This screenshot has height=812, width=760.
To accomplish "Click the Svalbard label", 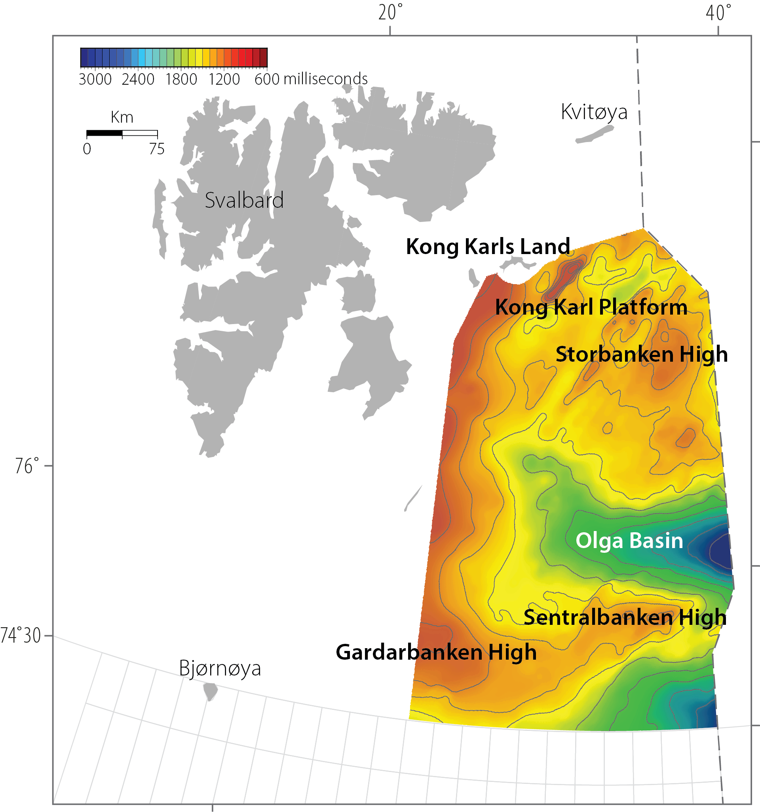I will [x=244, y=200].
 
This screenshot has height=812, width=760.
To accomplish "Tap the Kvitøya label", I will [x=594, y=112].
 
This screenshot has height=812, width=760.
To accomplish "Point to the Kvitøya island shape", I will [x=595, y=134].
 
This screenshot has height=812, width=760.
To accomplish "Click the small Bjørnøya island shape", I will [x=211, y=691].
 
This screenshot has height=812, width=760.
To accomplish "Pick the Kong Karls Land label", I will [x=488, y=247].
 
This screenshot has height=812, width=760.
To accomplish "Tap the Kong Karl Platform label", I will [x=591, y=307].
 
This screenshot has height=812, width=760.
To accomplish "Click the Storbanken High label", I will [x=642, y=354].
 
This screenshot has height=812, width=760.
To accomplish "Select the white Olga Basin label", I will [x=629, y=541].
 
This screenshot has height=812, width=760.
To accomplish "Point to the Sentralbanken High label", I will [x=625, y=617].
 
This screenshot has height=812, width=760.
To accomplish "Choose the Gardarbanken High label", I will [x=436, y=652].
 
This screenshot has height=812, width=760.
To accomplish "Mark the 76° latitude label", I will [x=27, y=466].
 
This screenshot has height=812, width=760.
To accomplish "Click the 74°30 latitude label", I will [x=21, y=636].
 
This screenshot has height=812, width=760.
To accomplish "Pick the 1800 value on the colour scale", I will [x=181, y=79].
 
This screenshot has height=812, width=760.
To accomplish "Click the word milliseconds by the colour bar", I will [x=326, y=79].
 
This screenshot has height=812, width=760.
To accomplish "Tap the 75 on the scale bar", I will [x=156, y=149].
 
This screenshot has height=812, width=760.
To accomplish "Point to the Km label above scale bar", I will [x=122, y=118].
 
